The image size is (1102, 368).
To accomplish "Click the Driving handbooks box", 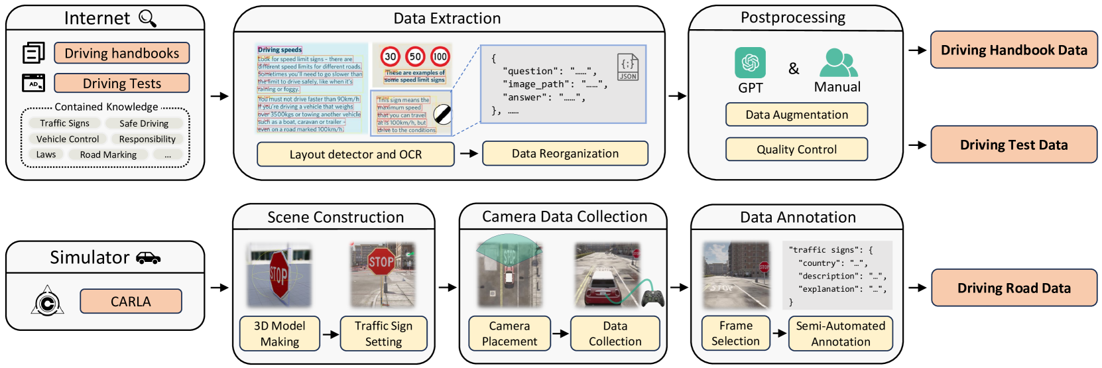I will tap(121, 53).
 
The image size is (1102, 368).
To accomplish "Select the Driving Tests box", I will tap(121, 84).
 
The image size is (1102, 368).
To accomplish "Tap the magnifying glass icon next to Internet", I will tap(147, 19).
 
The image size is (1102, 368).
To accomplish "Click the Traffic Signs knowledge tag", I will tap(64, 123).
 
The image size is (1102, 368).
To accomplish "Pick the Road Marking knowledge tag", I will tap(108, 154).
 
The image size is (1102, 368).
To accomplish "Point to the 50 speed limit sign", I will tap(415, 56).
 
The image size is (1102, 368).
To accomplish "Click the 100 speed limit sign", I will tap(440, 56).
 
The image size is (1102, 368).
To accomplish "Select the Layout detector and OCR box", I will tap(355, 154).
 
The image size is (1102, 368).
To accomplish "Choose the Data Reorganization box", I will tap(565, 154).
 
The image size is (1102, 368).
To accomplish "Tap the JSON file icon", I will tap(627, 67).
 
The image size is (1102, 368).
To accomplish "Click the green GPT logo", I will tap(750, 63).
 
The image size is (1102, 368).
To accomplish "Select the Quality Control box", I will tap(796, 149).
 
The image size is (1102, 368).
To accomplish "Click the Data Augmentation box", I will tap(796, 115).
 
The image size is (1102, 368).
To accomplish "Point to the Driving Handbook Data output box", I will tap(1014, 50).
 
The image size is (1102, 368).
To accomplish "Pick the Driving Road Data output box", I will tap(1014, 288).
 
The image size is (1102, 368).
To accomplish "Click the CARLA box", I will tap(131, 301).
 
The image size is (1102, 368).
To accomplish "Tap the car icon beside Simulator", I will tap(148, 258).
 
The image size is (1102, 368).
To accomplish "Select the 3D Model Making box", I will tap(279, 334).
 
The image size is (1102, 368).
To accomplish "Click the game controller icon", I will tap(652, 298).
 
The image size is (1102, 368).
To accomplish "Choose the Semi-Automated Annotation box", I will tap(841, 334).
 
